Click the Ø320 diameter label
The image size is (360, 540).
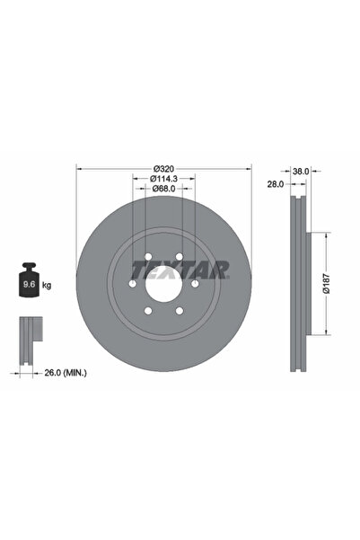coord(162,167)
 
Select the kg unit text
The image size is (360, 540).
coord(47,285)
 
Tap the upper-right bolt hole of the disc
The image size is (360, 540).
coord(180,259)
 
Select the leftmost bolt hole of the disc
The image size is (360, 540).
coord(133,284)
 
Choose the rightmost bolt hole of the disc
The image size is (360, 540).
coord(195,284)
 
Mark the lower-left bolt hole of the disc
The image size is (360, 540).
coord(145,311)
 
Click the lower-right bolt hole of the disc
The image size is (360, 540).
coord(180,311)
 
